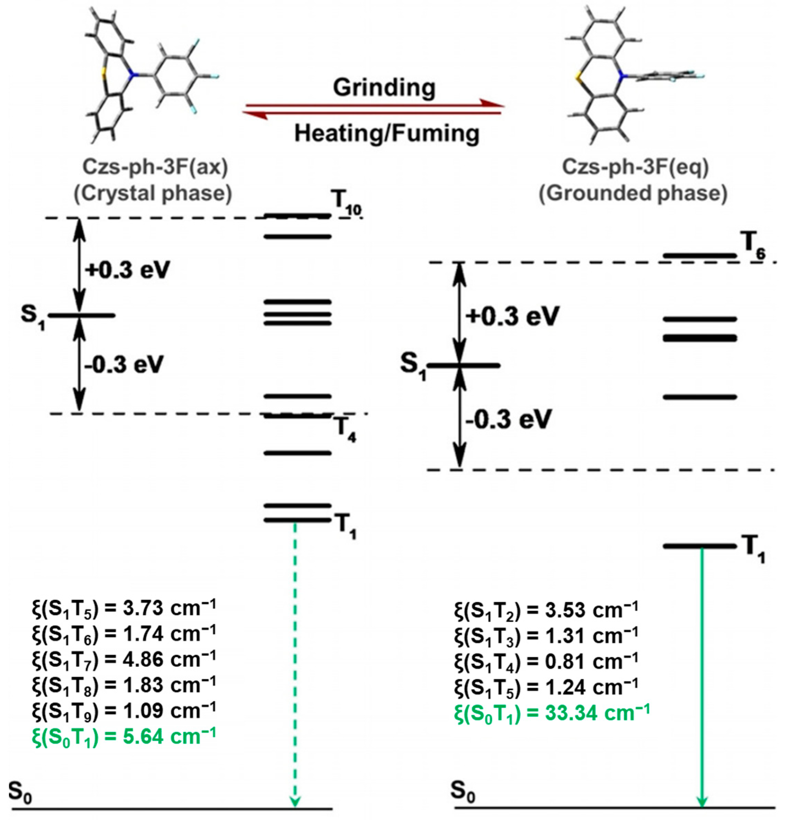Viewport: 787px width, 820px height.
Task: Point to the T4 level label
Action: (345, 431)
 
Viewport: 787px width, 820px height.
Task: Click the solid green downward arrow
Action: (702, 678)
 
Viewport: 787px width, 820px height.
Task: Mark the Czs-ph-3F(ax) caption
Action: (155, 167)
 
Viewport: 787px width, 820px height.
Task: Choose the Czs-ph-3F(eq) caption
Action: (635, 167)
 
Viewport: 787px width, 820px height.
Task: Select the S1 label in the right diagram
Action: (413, 366)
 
